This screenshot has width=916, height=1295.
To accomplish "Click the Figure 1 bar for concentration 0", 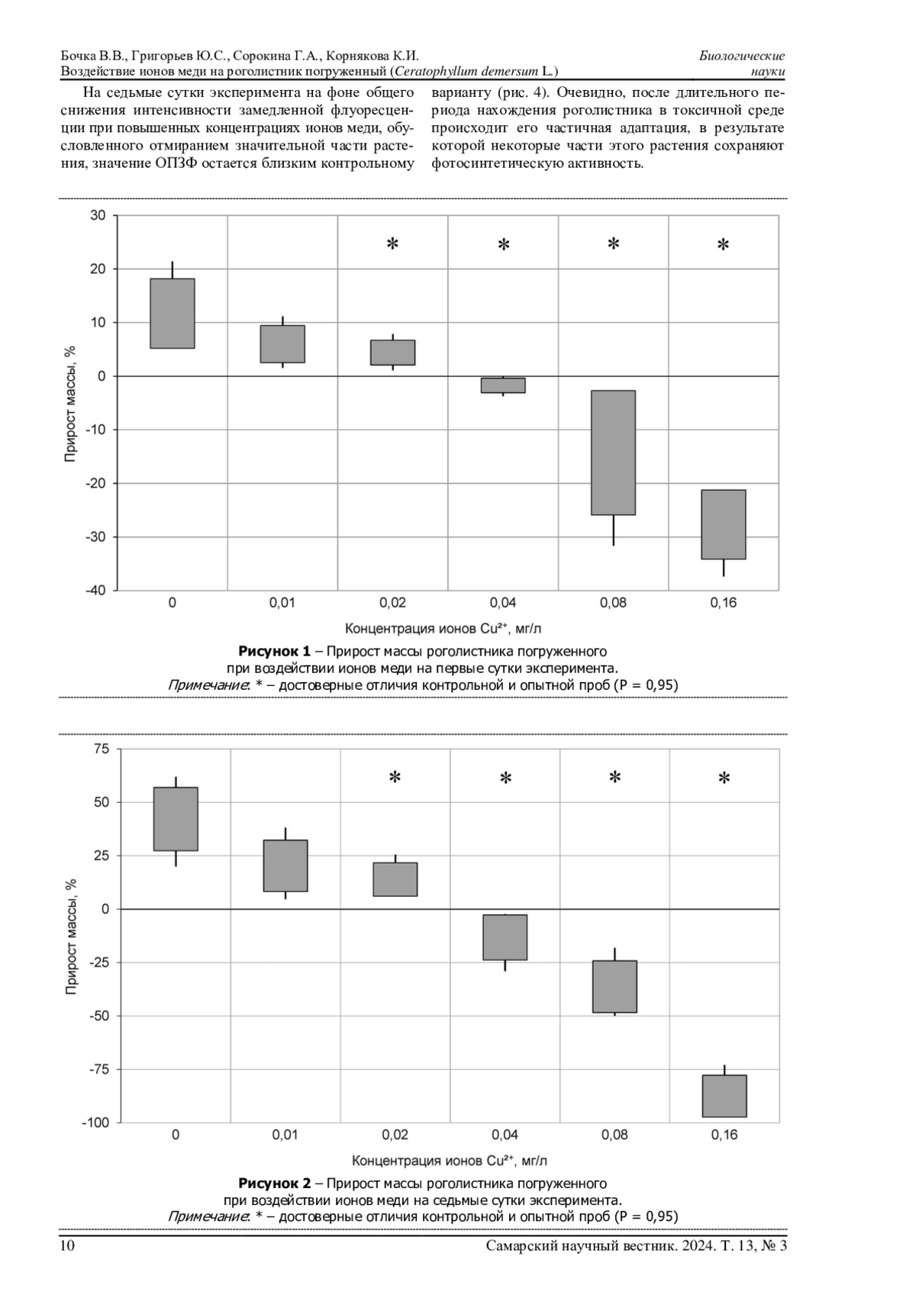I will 172,314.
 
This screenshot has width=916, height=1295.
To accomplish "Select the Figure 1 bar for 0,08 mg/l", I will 613,453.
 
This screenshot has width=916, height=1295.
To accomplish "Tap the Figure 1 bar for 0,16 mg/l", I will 723,524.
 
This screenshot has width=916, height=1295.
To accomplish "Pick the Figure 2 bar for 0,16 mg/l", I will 724,1096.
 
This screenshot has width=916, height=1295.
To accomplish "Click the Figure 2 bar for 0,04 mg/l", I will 505,937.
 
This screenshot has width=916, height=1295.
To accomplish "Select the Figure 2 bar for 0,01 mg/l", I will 285,865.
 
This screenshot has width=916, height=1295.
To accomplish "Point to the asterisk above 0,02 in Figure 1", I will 392,244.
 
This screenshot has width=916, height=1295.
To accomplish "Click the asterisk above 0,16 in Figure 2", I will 724,778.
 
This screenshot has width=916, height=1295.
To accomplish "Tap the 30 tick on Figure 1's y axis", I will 98,215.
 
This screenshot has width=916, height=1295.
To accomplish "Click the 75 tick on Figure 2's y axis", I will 102,749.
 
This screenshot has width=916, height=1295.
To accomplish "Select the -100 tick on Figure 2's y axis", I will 96,1123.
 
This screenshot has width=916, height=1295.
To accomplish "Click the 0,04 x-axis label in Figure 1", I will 503,603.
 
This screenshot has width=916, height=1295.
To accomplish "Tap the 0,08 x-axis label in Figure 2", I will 614,1135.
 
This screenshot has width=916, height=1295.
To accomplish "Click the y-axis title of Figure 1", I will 70,404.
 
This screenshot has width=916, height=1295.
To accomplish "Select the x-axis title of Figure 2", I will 450,1161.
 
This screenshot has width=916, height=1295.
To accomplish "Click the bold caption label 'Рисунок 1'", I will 274,651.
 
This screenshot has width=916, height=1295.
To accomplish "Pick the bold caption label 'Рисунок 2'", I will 274,1184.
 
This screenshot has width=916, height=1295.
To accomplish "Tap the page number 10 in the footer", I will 67,1246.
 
